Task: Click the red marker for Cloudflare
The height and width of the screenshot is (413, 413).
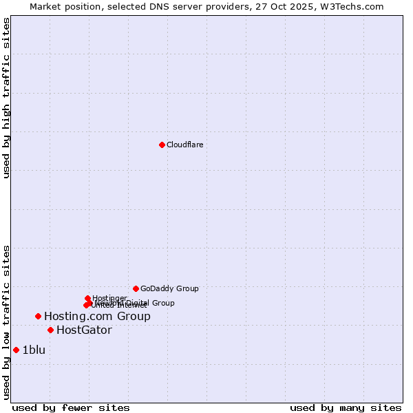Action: click(x=162, y=145)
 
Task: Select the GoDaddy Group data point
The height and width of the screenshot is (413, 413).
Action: click(x=136, y=288)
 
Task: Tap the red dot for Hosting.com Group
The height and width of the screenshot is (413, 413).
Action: click(x=38, y=316)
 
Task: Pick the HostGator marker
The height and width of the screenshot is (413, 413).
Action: click(x=50, y=330)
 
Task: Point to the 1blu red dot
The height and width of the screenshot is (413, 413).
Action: click(x=16, y=350)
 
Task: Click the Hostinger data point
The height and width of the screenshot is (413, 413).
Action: click(x=87, y=298)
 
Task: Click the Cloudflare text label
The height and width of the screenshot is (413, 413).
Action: click(x=184, y=145)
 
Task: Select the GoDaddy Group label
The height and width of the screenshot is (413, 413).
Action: click(x=169, y=288)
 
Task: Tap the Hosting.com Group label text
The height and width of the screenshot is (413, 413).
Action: click(x=97, y=316)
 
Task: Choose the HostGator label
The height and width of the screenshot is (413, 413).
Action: click(x=84, y=330)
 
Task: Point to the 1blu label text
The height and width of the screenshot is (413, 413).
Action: click(x=34, y=350)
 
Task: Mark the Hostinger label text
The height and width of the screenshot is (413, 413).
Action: click(x=109, y=298)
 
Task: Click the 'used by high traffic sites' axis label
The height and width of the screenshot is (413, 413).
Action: click(x=7, y=98)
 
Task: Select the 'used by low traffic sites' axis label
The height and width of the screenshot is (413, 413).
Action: click(x=7, y=322)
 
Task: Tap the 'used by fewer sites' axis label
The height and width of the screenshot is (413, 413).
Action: click(x=71, y=407)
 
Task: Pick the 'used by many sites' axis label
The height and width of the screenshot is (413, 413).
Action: click(x=346, y=407)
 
